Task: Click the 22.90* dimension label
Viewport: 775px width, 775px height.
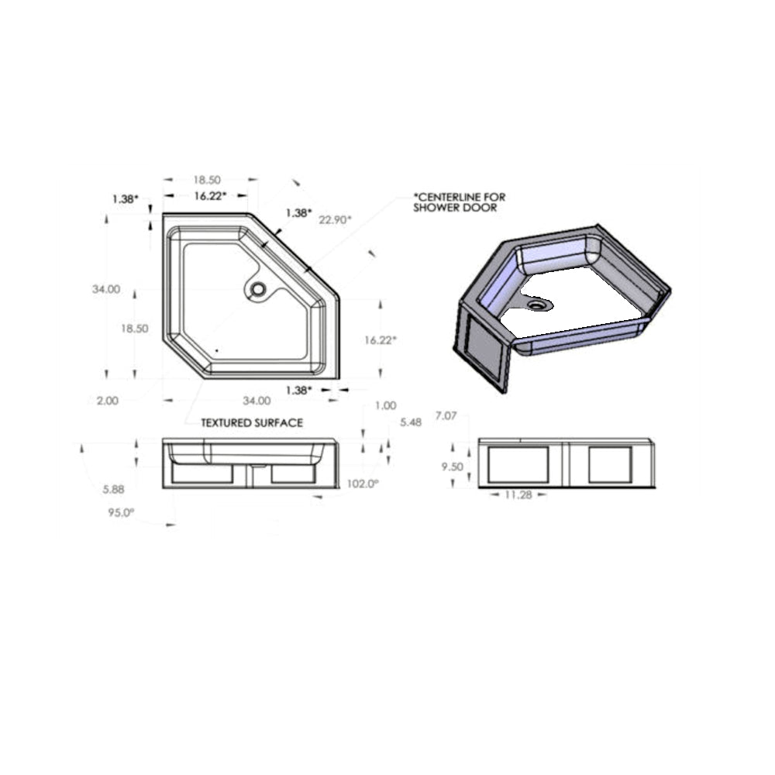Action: [335, 219]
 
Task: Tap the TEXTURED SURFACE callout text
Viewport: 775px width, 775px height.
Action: [252, 423]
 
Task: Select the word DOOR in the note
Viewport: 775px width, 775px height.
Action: [482, 208]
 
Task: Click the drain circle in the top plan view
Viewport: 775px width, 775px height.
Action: [257, 290]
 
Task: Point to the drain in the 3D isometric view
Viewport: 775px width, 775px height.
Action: [536, 304]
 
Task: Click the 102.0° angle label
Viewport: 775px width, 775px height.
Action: [362, 484]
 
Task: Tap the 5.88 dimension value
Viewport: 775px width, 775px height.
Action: [114, 489]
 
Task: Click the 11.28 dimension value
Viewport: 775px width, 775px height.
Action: [519, 495]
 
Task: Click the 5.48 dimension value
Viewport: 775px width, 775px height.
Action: [410, 422]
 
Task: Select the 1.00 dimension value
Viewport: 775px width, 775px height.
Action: [385, 405]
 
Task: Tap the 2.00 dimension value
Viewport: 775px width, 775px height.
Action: [108, 401]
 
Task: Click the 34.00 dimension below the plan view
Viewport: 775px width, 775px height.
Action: [257, 401]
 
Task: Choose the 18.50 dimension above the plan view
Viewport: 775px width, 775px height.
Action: [208, 180]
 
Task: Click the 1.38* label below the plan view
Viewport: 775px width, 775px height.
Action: [298, 390]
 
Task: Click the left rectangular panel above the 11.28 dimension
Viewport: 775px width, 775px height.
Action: [519, 464]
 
